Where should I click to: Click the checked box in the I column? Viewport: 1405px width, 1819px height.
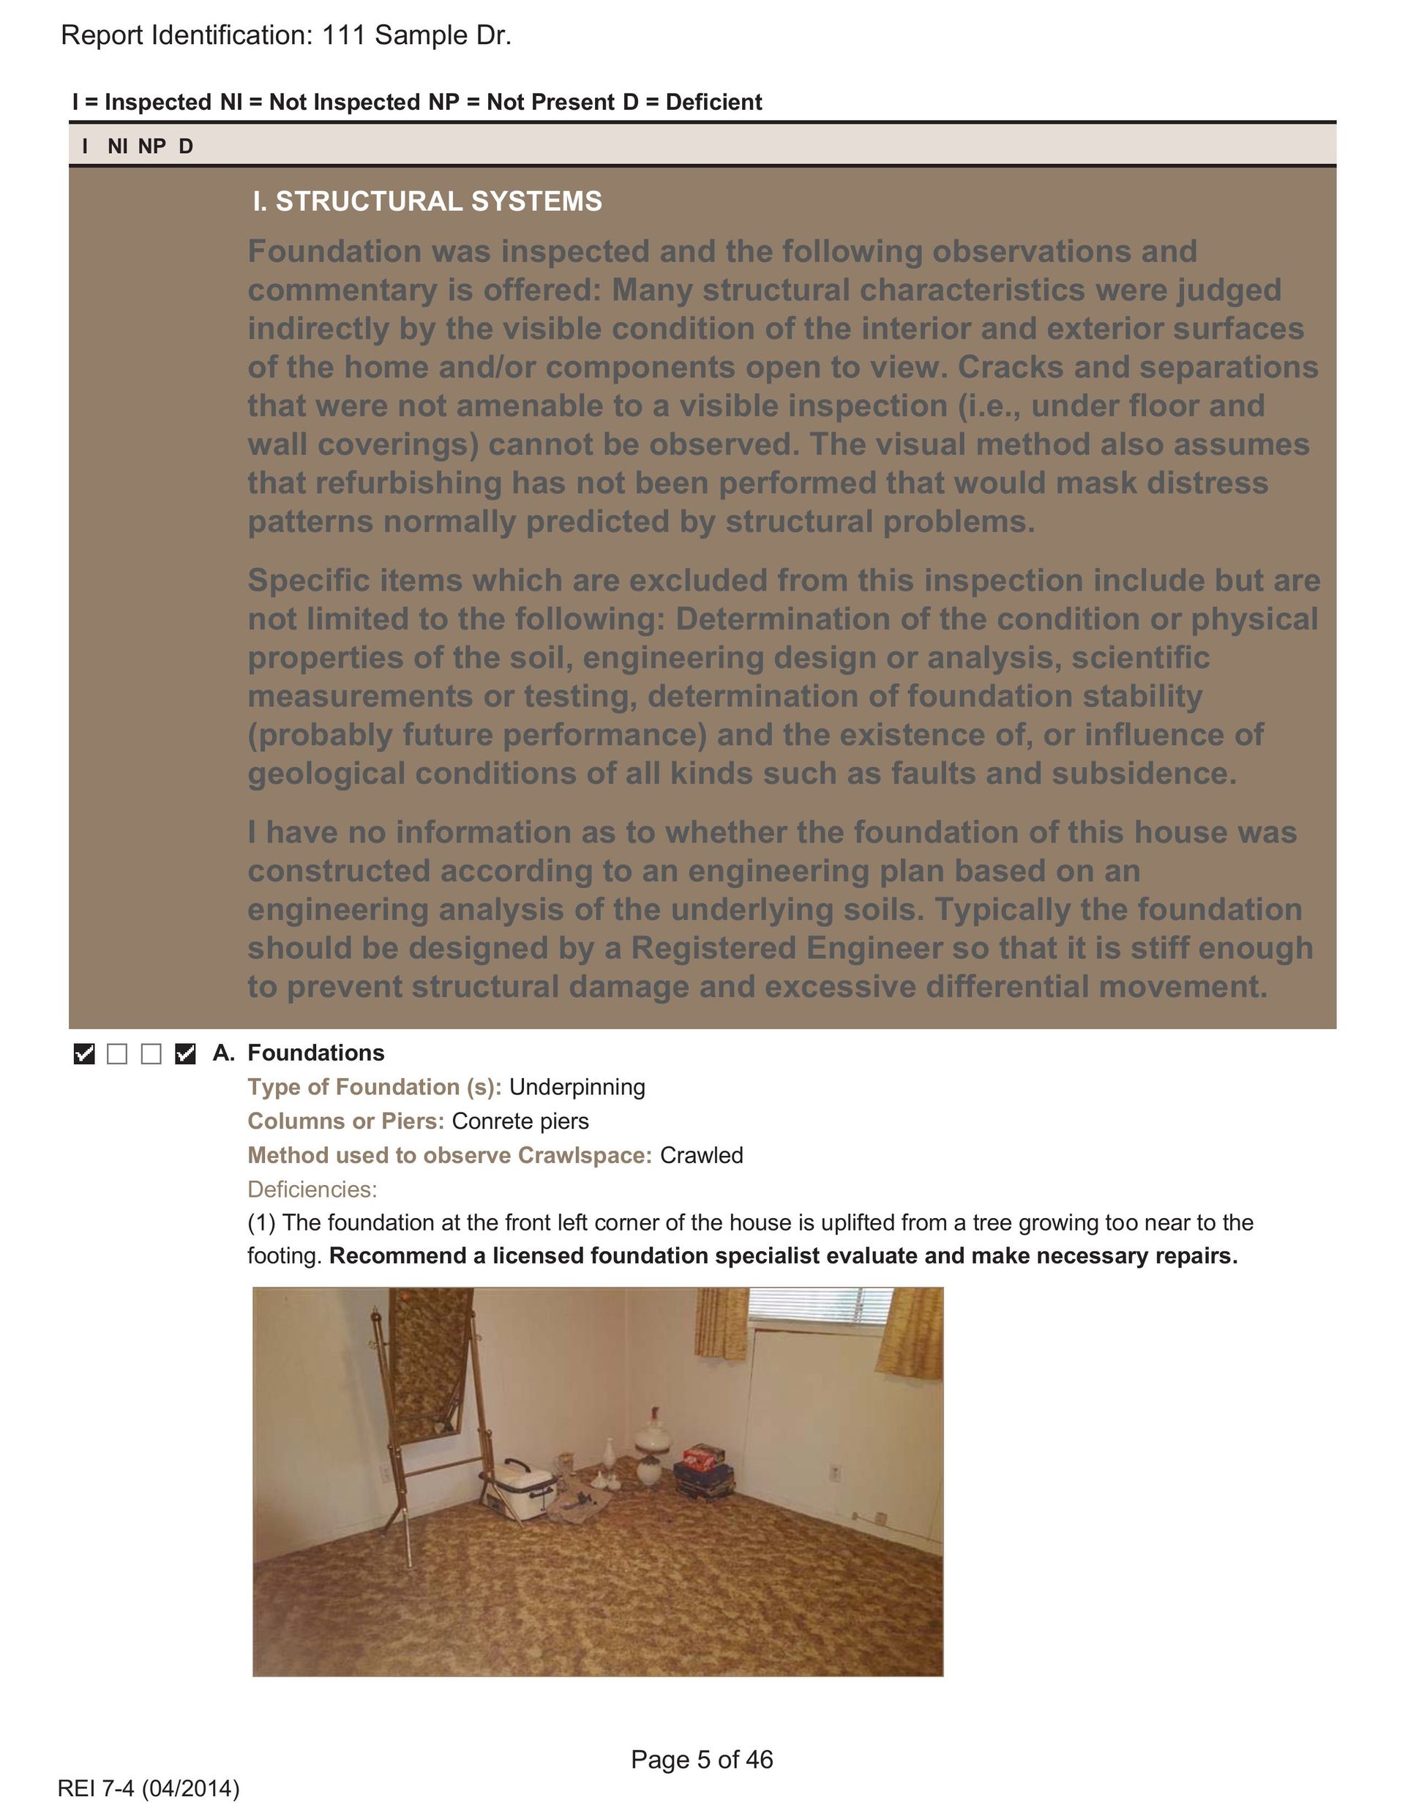(x=84, y=1053)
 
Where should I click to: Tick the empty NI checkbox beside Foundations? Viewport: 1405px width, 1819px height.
(x=117, y=1053)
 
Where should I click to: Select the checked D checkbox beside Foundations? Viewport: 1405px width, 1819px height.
(x=185, y=1053)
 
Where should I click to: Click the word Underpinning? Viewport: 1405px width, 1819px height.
(x=577, y=1087)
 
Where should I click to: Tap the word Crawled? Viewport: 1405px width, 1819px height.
(x=700, y=1155)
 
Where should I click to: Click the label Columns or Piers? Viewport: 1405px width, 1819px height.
(x=345, y=1121)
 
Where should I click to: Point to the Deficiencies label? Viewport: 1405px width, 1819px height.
(x=312, y=1189)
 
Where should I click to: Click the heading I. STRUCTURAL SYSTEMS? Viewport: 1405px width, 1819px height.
(x=427, y=201)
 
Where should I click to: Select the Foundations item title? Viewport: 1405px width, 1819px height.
(x=315, y=1053)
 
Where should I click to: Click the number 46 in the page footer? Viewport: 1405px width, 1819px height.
(x=759, y=1760)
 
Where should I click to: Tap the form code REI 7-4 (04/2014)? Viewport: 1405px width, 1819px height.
(x=149, y=1788)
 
